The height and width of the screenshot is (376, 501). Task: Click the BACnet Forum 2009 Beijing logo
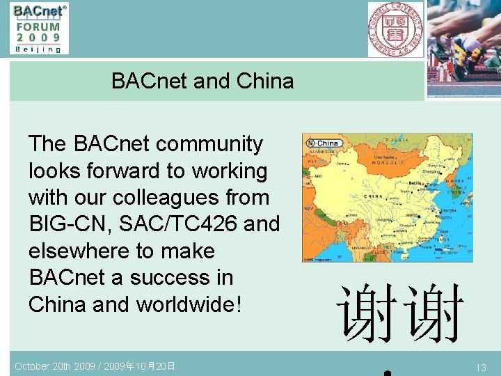click(39, 28)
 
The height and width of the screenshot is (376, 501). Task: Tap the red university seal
click(395, 29)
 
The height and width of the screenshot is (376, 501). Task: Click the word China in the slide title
click(265, 81)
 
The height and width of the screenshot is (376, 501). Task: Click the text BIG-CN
click(66, 224)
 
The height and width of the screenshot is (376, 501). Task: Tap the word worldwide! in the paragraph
click(189, 304)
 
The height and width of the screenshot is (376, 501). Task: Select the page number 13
click(481, 367)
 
